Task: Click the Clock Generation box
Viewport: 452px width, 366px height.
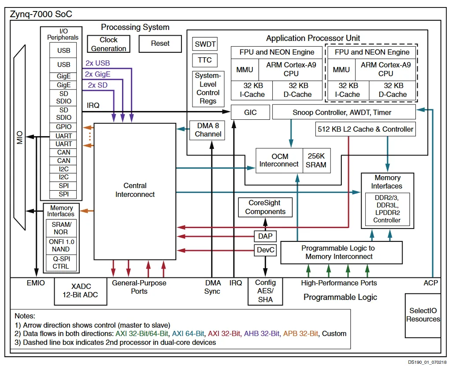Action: (109, 44)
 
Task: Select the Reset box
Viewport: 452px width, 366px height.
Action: (160, 44)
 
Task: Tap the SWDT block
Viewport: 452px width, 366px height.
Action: (205, 44)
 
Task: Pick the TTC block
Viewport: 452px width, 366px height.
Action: (205, 60)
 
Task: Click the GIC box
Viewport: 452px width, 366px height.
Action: (250, 112)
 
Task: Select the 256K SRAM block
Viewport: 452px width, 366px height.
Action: (316, 160)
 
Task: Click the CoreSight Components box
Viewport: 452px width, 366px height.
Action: (265, 207)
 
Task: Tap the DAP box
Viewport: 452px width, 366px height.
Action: (265, 237)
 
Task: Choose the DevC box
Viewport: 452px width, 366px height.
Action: (265, 250)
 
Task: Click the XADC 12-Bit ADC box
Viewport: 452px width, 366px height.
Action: (81, 291)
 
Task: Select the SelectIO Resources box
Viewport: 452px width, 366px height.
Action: (423, 315)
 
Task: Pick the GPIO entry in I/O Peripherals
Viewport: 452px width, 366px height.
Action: (63, 127)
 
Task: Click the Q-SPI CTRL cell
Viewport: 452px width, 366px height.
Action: (61, 262)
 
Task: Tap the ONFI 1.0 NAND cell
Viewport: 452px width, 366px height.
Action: (61, 245)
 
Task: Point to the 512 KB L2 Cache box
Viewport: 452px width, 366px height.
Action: (366, 129)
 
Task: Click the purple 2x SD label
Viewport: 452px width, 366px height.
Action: (98, 85)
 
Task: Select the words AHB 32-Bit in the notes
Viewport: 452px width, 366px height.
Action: (262, 334)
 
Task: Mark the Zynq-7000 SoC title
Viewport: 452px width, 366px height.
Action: (41, 14)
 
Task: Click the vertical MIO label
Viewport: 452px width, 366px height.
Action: (19, 137)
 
